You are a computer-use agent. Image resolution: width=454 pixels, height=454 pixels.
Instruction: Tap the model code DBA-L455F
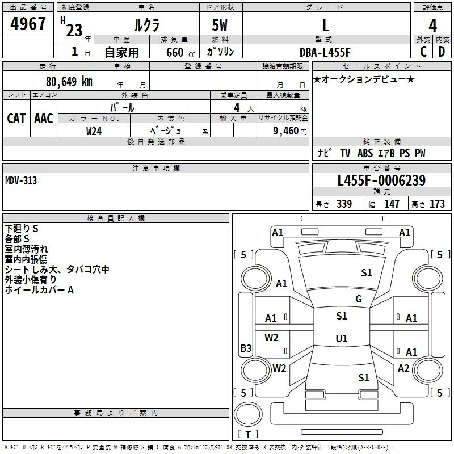pos(325,52)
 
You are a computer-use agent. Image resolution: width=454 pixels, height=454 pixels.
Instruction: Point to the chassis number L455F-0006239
pos(381,181)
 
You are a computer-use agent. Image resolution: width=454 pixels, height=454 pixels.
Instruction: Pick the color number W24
pos(94,131)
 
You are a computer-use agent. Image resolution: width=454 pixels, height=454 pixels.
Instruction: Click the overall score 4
pos(433,25)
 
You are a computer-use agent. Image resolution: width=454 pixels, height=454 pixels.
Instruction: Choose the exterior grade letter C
pos(423,52)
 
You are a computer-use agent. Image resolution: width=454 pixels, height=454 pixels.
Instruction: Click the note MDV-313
pos(22,180)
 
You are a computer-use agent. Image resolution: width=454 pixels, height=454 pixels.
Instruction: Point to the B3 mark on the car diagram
pos(246,348)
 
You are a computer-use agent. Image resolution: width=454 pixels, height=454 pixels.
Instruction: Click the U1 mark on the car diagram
pos(341,338)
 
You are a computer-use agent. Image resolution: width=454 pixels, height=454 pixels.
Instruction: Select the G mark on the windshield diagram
pos(358,299)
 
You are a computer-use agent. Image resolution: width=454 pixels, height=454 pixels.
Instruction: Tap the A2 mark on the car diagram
pos(403,368)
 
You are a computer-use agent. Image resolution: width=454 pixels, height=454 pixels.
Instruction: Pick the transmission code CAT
pos(16,118)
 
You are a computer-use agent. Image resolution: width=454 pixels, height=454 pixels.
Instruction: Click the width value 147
pos(392,204)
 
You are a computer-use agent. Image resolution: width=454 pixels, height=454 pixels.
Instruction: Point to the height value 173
pos(437,204)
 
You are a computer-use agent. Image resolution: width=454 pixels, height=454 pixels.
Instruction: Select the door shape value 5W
pos(221,25)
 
